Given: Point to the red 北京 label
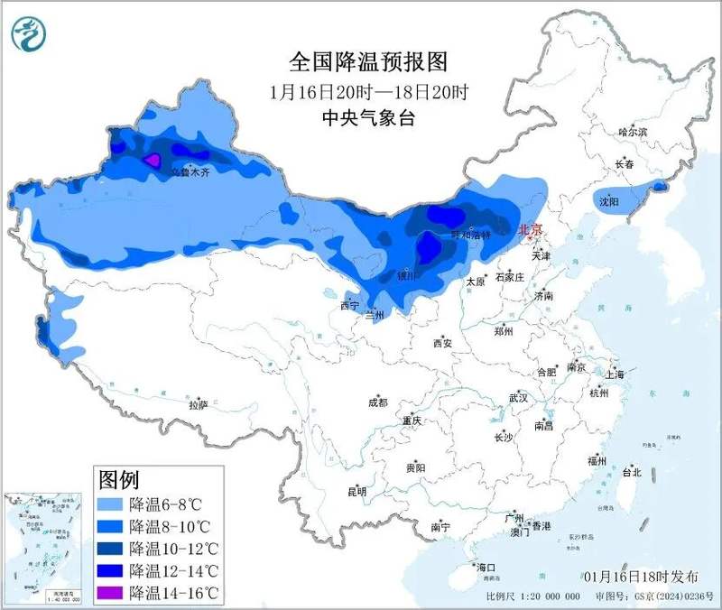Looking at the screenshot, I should (530, 230).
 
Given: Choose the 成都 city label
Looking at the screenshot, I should (377, 402).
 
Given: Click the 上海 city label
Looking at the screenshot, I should (616, 374).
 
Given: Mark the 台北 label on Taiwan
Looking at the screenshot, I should (631, 472).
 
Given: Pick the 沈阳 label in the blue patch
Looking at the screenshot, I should (609, 202).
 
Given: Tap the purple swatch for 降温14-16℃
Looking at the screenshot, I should (109, 593).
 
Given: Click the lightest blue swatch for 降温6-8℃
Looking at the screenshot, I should (109, 504).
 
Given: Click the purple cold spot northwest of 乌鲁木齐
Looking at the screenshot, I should (152, 161).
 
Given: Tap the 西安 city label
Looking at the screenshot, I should (441, 343).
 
